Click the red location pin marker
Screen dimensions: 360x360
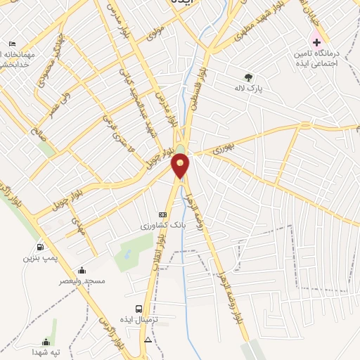click(x=181, y=165)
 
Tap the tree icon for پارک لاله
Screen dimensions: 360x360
click(x=247, y=77)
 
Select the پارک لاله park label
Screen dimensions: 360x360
click(x=247, y=89)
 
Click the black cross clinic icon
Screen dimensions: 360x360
click(x=317, y=42)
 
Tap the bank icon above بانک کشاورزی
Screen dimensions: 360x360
click(x=162, y=214)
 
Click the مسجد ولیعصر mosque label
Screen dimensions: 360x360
click(x=82, y=281)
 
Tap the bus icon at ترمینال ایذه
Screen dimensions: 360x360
click(x=139, y=308)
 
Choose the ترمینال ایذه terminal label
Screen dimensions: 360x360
click(x=141, y=319)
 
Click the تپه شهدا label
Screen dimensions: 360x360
click(x=47, y=352)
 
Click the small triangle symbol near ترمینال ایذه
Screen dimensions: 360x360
click(x=148, y=339)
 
